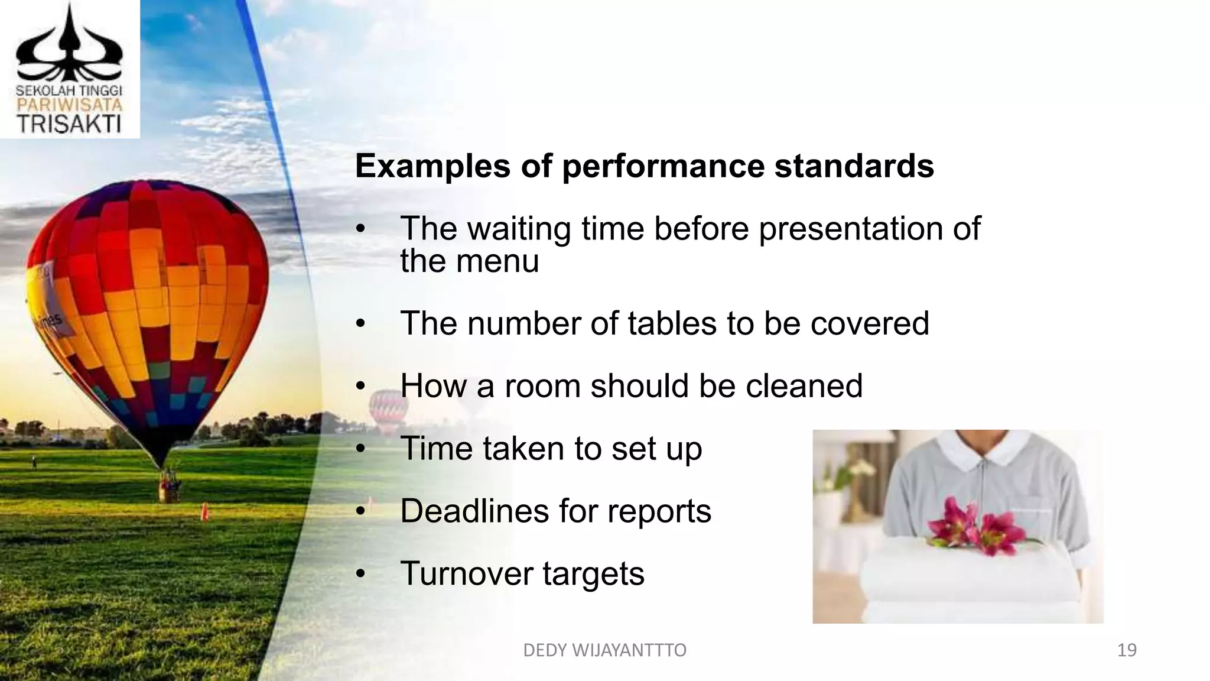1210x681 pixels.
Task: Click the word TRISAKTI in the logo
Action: (69, 125)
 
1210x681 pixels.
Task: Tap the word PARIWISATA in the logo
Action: (69, 105)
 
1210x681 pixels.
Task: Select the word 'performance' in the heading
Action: (663, 166)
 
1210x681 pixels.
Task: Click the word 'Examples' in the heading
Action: (432, 166)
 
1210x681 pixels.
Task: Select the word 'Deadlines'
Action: (474, 511)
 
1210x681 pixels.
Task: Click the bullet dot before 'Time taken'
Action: (361, 449)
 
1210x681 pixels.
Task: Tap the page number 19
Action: (1127, 650)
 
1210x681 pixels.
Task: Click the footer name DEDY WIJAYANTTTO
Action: (604, 650)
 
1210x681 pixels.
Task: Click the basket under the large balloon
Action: (170, 488)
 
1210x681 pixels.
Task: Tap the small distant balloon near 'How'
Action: (388, 408)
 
